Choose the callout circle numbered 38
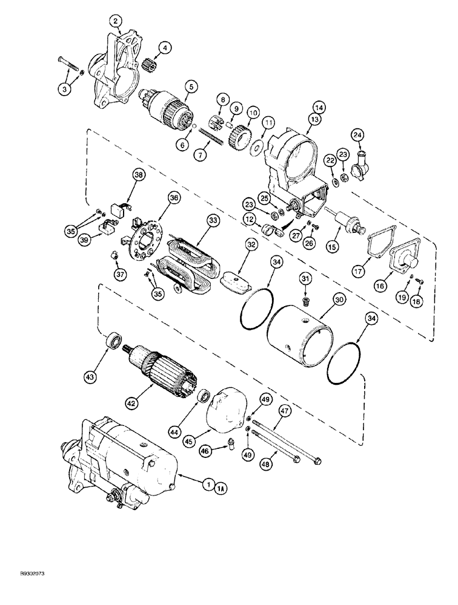pos(140,174)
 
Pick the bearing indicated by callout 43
pos(113,341)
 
